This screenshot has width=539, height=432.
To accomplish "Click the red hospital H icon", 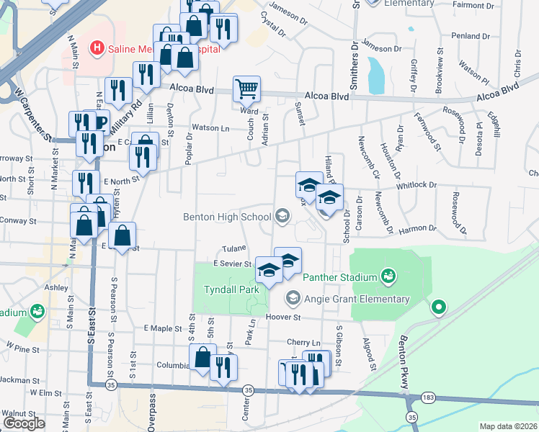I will click(x=96, y=48).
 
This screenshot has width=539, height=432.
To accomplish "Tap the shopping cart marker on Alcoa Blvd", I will click(x=246, y=90).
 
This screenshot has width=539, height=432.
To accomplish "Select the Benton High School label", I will click(x=226, y=215).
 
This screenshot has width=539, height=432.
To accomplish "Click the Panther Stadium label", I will click(x=340, y=276).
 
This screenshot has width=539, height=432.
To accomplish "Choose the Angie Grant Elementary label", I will click(x=356, y=299).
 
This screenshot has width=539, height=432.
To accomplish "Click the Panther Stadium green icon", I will click(x=388, y=275).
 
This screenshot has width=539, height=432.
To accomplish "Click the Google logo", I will click(x=24, y=423).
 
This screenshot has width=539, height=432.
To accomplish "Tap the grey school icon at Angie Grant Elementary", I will click(x=293, y=297).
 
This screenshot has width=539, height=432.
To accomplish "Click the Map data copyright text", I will click(x=507, y=426).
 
